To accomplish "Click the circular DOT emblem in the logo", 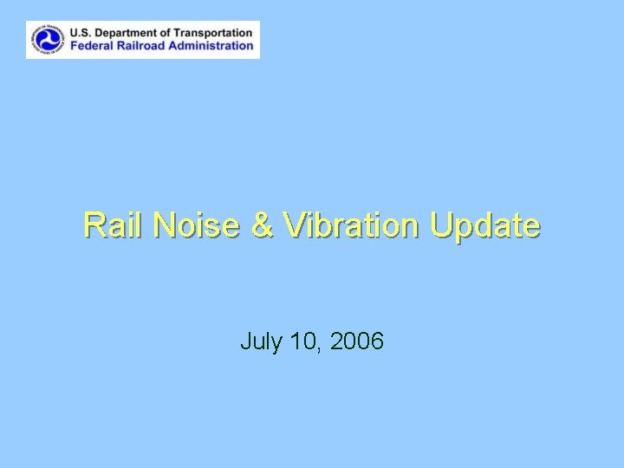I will click(x=48, y=39).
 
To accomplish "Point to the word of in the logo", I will click(x=170, y=33).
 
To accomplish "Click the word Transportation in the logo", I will click(x=216, y=33).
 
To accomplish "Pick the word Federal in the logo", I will click(x=93, y=46).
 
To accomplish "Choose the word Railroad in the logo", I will click(x=145, y=46).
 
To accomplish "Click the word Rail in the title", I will click(x=110, y=225).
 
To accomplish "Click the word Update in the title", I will click(x=484, y=225).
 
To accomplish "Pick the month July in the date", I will click(x=261, y=342).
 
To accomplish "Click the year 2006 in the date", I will click(x=357, y=342).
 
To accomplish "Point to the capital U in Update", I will click(x=439, y=225).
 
